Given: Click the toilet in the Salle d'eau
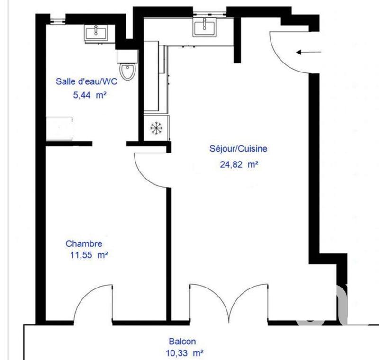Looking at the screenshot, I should pyautogui.click(x=127, y=72).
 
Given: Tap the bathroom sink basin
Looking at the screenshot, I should pyautogui.click(x=97, y=32).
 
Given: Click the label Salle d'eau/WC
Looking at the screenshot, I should pyautogui.click(x=87, y=81).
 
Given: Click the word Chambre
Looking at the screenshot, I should pyautogui.click(x=84, y=244).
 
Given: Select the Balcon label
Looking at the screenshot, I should pyautogui.click(x=182, y=341).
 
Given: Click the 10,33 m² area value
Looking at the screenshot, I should pyautogui.click(x=185, y=353).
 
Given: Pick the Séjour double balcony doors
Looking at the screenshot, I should pyautogui.click(x=229, y=303).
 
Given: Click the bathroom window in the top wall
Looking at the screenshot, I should pyautogui.click(x=56, y=19).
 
